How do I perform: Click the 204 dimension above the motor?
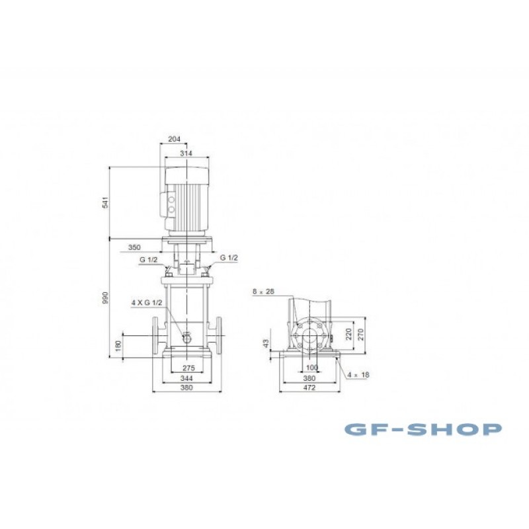pyautogui.click(x=174, y=139)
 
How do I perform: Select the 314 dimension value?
pyautogui.click(x=186, y=153)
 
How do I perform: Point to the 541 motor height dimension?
pyautogui.click(x=106, y=202)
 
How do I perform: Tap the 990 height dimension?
pyautogui.click(x=106, y=298)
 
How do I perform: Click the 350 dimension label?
pyautogui.click(x=134, y=247)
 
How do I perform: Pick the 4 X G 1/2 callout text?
pyautogui.click(x=147, y=303)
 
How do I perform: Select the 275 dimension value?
pyautogui.click(x=188, y=368)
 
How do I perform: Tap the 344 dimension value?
pyautogui.click(x=186, y=378)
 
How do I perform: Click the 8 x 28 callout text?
pyautogui.click(x=263, y=292)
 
